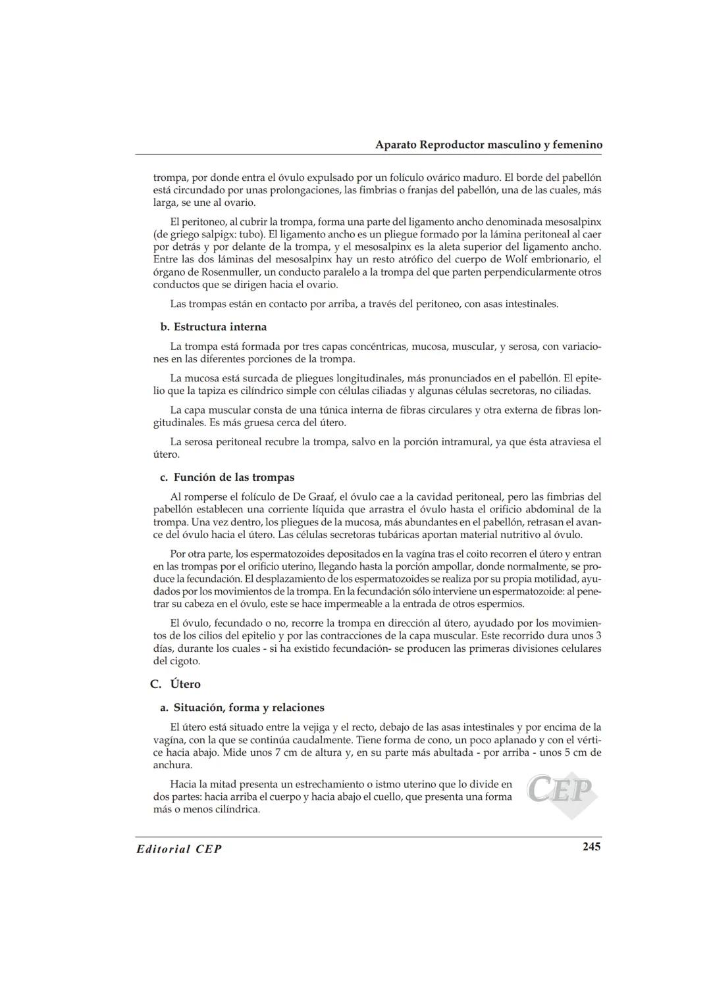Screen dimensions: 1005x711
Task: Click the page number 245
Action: (x=591, y=846)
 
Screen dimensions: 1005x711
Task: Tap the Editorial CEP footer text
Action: (x=179, y=849)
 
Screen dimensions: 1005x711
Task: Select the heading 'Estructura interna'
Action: (x=220, y=327)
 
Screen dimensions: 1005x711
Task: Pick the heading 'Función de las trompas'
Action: (x=234, y=478)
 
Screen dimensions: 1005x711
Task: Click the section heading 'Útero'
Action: (x=185, y=684)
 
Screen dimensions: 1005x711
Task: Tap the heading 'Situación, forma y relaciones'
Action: (x=249, y=708)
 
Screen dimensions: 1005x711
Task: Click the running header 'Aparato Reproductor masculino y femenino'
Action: (x=488, y=145)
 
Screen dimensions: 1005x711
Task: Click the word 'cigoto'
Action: (x=185, y=661)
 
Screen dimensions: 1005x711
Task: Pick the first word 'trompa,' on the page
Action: (x=170, y=178)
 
